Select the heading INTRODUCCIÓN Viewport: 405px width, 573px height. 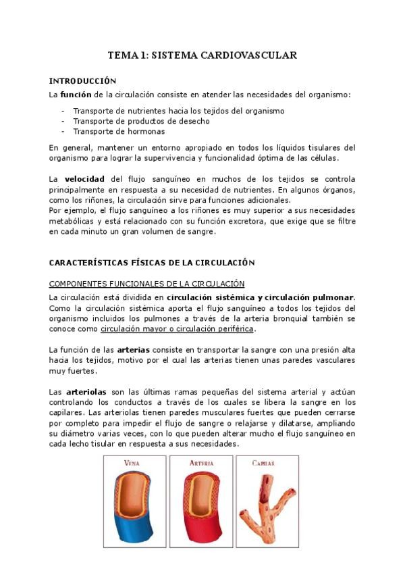pyautogui.click(x=83, y=81)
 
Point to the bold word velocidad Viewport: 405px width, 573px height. pyautogui.click(x=86, y=179)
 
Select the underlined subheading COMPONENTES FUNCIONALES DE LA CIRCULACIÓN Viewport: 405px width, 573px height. pyautogui.click(x=146, y=284)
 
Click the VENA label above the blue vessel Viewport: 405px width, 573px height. pyautogui.click(x=132, y=464)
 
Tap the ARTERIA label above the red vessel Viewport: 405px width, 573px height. pyautogui.click(x=201, y=464)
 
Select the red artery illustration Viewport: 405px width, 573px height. pyautogui.click(x=201, y=514)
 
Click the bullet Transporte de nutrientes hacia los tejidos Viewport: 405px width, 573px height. pyautogui.click(x=178, y=111)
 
